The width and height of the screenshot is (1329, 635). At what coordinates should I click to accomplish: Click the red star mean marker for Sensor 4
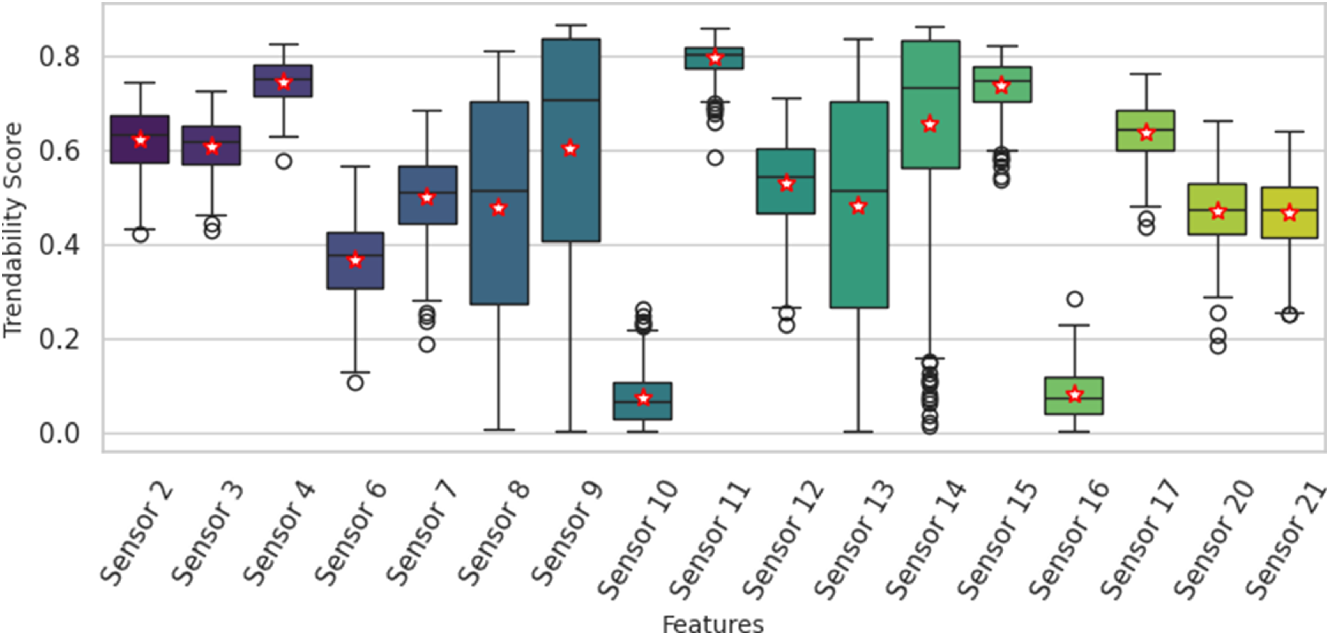[x=283, y=83]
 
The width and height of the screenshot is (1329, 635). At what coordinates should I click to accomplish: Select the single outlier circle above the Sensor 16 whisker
[x=1074, y=299]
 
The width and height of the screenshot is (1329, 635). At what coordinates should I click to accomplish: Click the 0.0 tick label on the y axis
[x=59, y=433]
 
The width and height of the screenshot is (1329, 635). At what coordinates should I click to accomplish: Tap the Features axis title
[x=713, y=624]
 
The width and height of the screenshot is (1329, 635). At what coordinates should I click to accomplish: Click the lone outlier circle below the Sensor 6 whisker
[x=355, y=382]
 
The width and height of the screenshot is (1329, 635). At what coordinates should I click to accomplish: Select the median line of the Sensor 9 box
[x=570, y=100]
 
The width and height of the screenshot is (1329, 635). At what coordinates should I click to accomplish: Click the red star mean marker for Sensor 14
[x=930, y=124]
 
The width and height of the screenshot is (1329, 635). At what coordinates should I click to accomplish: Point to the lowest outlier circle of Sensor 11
[x=715, y=158]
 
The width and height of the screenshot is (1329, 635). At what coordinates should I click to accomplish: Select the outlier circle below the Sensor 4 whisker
[x=283, y=161]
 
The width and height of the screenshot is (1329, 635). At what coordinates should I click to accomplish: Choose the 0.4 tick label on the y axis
[x=59, y=245]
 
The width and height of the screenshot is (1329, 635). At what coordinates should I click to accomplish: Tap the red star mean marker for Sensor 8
[x=498, y=208]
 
